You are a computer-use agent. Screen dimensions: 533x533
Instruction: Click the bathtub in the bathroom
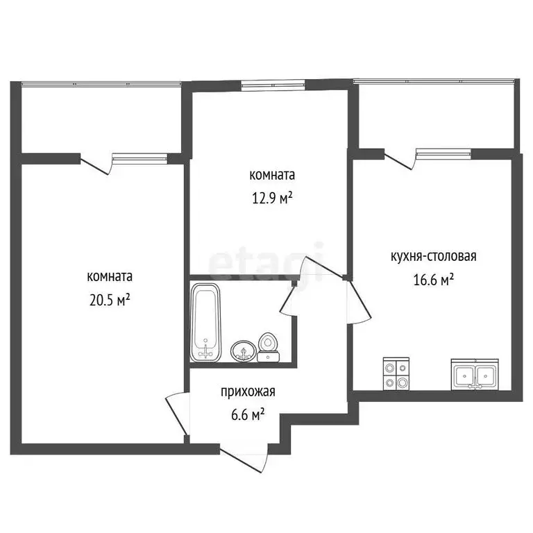[206, 322]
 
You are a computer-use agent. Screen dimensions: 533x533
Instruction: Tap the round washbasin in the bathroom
[243, 351]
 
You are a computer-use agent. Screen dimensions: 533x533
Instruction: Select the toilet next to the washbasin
[268, 348]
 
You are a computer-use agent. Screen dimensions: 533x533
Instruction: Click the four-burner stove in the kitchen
[396, 373]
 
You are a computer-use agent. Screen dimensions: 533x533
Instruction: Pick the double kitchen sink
[475, 375]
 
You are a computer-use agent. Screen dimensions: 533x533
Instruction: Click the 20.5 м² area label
[110, 300]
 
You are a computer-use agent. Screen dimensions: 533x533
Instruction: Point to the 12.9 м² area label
[272, 198]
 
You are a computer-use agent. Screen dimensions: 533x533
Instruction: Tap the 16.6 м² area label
[434, 280]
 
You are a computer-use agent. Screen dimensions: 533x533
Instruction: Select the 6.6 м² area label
[248, 415]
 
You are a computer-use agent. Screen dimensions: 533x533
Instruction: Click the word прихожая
[248, 392]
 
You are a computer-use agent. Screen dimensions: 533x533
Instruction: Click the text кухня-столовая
[433, 256]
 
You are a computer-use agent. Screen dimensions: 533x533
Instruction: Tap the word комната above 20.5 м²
[110, 276]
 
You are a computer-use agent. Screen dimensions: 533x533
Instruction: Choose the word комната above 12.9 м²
[272, 175]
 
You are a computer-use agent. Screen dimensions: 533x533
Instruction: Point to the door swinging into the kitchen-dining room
[358, 301]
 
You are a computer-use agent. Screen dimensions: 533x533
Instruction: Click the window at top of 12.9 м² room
[273, 85]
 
